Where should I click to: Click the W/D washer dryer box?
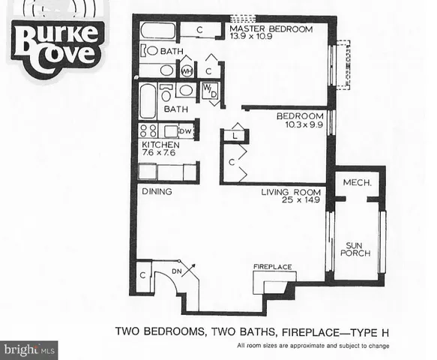209,91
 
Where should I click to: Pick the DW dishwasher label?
185,130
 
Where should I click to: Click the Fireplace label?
271,266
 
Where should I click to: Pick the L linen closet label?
235,136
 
